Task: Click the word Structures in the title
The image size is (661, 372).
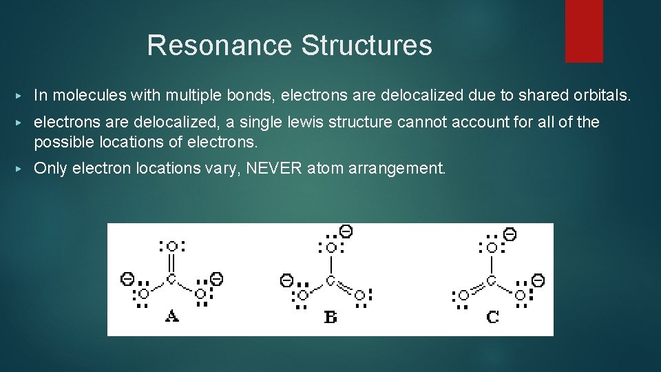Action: click(366, 45)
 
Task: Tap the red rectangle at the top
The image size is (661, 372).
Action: click(584, 31)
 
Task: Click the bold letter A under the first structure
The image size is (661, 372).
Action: click(171, 316)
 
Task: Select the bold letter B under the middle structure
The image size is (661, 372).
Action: click(330, 317)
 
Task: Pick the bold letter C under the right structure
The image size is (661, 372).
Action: click(492, 317)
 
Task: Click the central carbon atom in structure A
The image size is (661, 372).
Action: click(171, 279)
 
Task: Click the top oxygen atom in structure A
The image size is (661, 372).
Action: click(171, 246)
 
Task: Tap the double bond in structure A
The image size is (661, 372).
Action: click(171, 262)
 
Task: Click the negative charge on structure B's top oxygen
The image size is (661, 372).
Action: click(346, 231)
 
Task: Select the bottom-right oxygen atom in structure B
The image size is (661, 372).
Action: click(359, 294)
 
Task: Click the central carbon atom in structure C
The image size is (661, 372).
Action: click(492, 280)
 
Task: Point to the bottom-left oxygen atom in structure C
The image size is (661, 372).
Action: click(463, 296)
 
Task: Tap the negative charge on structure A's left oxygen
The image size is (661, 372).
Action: click(127, 278)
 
